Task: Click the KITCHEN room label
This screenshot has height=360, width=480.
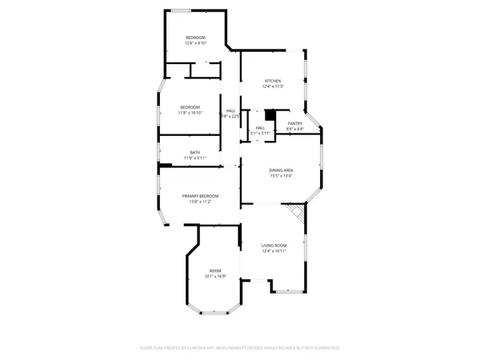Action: (x=274, y=81)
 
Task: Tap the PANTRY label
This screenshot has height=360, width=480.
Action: (x=294, y=122)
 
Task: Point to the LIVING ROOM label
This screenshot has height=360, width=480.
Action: (x=274, y=246)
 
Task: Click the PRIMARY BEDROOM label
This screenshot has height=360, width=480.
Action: (x=200, y=196)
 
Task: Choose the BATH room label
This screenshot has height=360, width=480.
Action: (x=195, y=152)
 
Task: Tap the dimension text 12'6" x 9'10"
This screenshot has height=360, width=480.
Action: (x=196, y=44)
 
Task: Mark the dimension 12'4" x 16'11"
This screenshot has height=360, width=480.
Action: (x=274, y=251)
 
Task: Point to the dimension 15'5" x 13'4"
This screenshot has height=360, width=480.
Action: (x=280, y=175)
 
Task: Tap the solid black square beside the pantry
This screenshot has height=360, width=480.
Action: (x=270, y=115)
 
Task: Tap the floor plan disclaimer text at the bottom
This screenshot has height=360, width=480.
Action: (x=240, y=348)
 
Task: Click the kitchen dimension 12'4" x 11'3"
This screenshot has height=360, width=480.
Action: (x=274, y=87)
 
